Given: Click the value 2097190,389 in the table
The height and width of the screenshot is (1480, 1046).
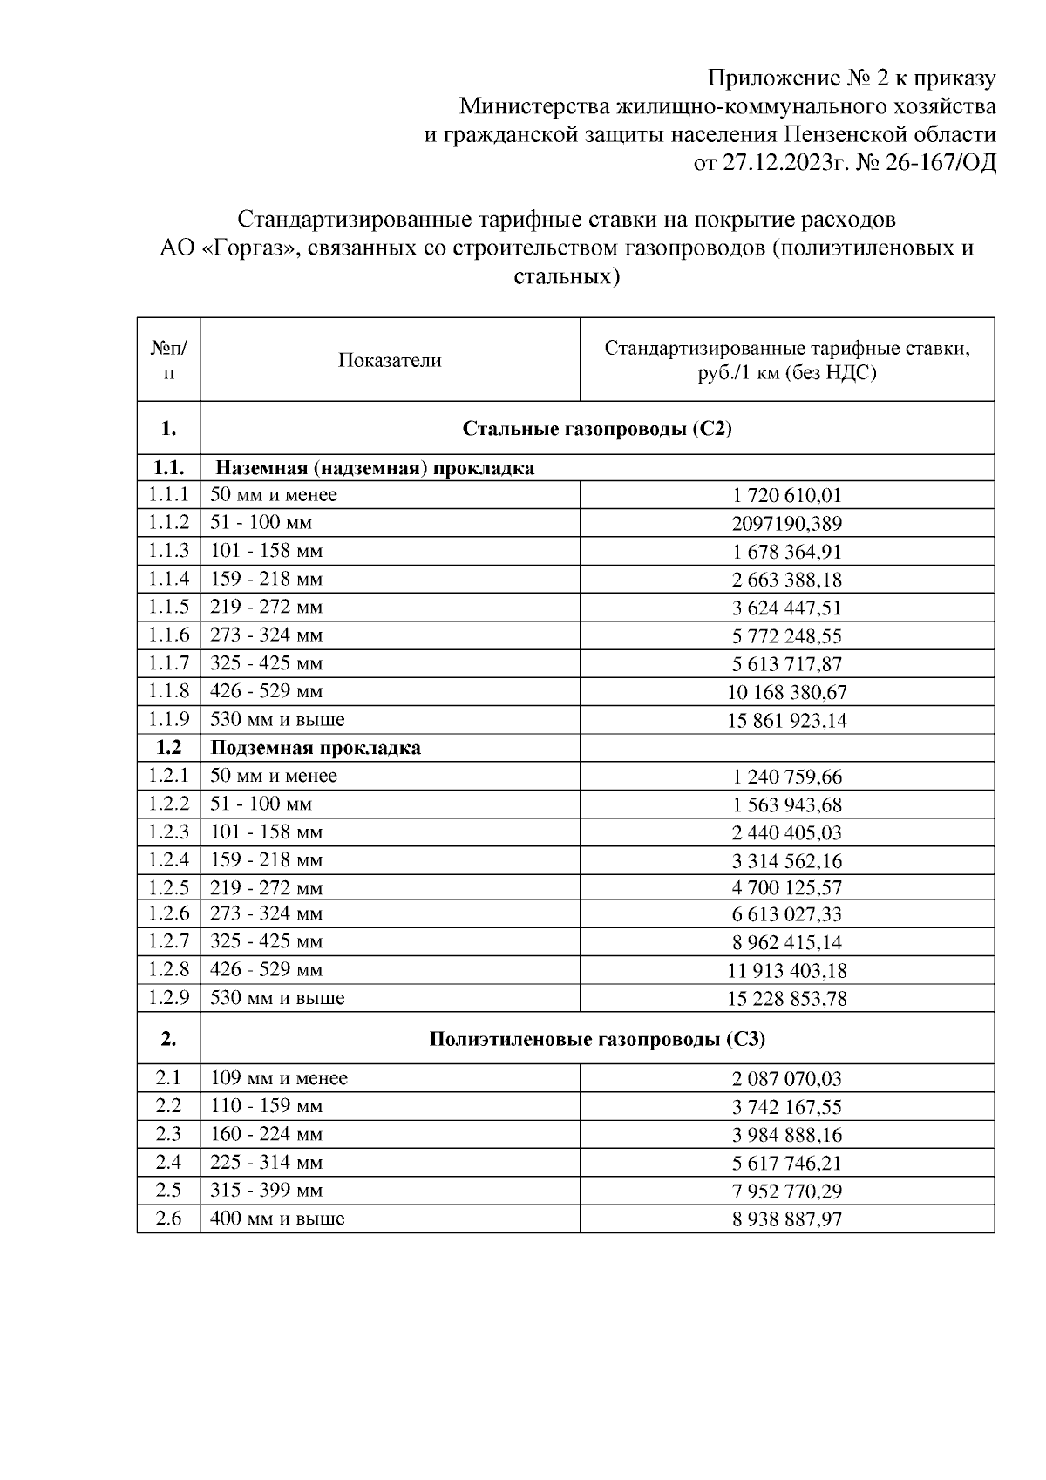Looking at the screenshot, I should pos(787,524).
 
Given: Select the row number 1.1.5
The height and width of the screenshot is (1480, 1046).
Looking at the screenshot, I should pos(168,607).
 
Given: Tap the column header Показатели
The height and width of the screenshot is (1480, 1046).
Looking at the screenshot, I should pos(390,361).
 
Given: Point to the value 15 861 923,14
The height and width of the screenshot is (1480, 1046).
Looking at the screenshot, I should pos(787,721).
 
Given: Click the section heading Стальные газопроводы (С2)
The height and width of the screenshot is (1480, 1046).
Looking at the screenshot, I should pos(597,429).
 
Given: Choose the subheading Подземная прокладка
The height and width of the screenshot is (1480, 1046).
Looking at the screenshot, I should pos(316,748).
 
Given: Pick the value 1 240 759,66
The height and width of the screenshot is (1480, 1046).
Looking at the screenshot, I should pos(787,777).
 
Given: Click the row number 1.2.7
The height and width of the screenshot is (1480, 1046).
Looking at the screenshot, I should pos(168,941).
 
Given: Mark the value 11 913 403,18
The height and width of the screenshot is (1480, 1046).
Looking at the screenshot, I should pos(787,970).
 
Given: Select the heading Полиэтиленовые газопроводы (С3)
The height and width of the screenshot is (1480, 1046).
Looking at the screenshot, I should pos(597,1039).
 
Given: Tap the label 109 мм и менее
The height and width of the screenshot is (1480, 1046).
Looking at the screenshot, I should pos(279,1078).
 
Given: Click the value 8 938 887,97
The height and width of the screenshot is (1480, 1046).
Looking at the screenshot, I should pos(787,1219).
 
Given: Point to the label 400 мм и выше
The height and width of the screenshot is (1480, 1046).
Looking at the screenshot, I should pos(277,1219).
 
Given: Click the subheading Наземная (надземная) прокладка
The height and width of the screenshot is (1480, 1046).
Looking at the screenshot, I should pos(375,468).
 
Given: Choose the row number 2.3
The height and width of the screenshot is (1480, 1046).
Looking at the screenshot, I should pos(168,1134).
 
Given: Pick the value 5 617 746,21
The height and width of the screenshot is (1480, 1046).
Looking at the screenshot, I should pos(787,1163).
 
